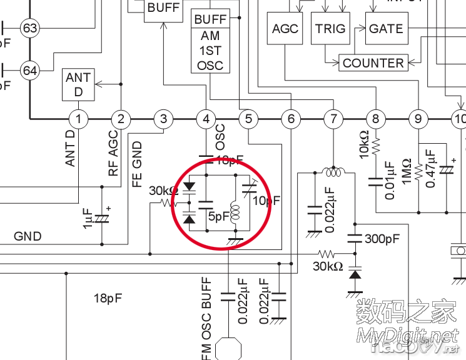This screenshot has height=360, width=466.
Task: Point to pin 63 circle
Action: (29, 28)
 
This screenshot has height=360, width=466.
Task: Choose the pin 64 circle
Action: (29, 71)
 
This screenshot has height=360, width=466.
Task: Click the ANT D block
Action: (78, 85)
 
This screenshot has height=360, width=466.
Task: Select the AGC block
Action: (285, 29)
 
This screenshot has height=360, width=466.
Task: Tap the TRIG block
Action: (330, 29)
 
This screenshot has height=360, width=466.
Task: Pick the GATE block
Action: (386, 29)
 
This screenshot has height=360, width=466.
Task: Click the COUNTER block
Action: (373, 63)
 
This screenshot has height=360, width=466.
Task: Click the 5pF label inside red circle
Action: (218, 217)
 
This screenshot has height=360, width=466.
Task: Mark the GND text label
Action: (28, 236)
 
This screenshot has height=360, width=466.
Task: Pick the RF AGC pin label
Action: (113, 154)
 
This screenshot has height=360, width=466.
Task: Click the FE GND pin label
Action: (137, 165)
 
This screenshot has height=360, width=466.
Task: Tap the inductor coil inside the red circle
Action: (236, 212)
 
